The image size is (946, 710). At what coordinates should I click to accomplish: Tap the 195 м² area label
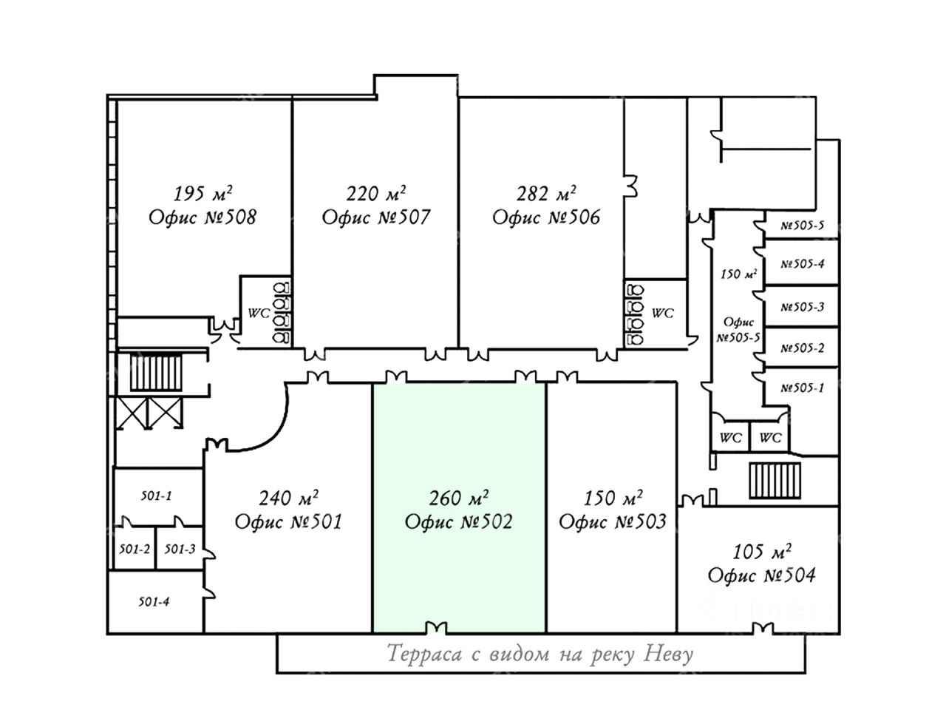tap(203, 193)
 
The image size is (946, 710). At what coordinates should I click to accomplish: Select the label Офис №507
tap(376, 217)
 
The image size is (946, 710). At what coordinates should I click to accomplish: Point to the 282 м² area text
tap(546, 193)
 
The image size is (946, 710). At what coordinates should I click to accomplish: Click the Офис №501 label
tap(288, 521)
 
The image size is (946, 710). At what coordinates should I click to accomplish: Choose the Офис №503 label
tap(613, 521)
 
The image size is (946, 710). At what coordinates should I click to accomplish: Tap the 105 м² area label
tap(762, 552)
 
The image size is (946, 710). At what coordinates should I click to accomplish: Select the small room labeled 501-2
tap(135, 548)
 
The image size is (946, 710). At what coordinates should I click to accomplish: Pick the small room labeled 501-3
tap(180, 548)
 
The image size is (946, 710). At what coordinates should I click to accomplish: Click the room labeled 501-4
tap(155, 602)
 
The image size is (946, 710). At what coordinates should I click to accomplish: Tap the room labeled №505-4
tap(801, 263)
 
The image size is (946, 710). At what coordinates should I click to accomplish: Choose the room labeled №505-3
tap(801, 306)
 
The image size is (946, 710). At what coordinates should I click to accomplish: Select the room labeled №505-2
tap(801, 348)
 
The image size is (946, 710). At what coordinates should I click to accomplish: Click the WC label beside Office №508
tap(259, 314)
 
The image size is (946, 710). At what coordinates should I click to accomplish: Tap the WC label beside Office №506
tap(662, 314)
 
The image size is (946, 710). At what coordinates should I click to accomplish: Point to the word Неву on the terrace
tap(668, 654)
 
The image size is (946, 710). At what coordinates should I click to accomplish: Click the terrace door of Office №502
tap(436, 628)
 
